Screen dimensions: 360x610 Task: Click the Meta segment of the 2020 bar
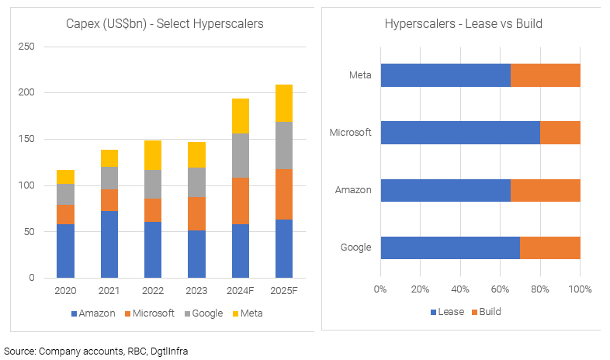(66, 177)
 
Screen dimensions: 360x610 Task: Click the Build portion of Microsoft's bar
(560, 133)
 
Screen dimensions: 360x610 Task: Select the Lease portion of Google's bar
(449, 247)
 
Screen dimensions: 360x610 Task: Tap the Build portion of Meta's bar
(545, 75)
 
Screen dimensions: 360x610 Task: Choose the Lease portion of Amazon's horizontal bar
(445, 190)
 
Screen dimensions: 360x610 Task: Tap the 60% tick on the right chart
(500, 289)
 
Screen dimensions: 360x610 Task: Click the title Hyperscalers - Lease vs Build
(463, 24)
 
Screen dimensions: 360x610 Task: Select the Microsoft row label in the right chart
(352, 133)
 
